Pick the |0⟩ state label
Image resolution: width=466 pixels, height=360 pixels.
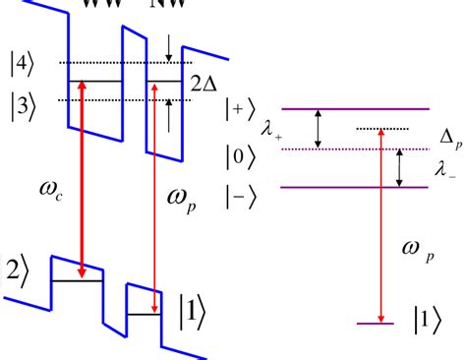[263, 152]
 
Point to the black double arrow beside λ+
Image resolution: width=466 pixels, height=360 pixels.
[318, 129]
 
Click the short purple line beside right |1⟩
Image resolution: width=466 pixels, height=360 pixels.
[373, 323]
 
